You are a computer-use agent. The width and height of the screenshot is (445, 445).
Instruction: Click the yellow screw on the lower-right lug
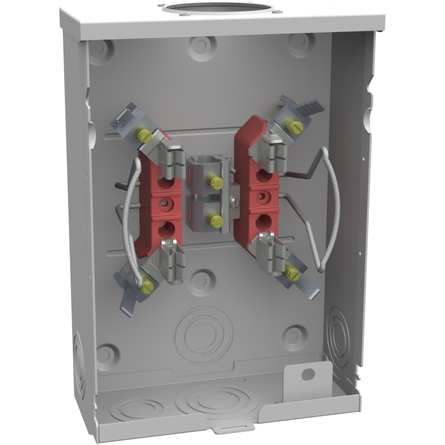click(x=293, y=274)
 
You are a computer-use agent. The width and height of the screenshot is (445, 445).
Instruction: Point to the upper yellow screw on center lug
click(x=216, y=182)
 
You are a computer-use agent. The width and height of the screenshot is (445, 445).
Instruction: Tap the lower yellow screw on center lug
click(x=217, y=220)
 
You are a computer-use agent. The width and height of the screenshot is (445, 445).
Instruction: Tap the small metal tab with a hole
click(x=308, y=375)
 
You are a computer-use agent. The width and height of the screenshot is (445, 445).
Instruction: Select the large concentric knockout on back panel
click(x=204, y=332)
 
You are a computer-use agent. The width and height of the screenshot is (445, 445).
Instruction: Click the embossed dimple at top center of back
click(x=201, y=46)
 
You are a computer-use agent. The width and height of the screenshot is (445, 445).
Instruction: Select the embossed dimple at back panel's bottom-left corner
click(x=105, y=355)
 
